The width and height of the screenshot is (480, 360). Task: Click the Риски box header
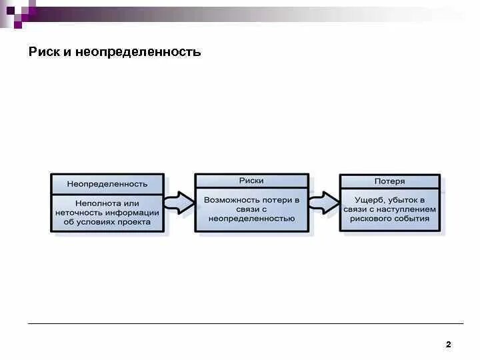(x=251, y=181)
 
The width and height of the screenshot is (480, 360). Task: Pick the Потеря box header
(x=389, y=181)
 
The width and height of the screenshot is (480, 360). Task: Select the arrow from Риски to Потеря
(x=324, y=202)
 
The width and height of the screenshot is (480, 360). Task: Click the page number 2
(x=448, y=345)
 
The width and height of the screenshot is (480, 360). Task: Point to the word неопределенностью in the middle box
(x=251, y=218)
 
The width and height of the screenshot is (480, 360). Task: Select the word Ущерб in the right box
(x=369, y=199)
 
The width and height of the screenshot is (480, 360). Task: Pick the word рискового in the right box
(x=370, y=218)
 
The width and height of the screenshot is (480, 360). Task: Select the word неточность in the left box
(x=77, y=213)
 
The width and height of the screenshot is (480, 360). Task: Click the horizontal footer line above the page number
(x=240, y=324)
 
